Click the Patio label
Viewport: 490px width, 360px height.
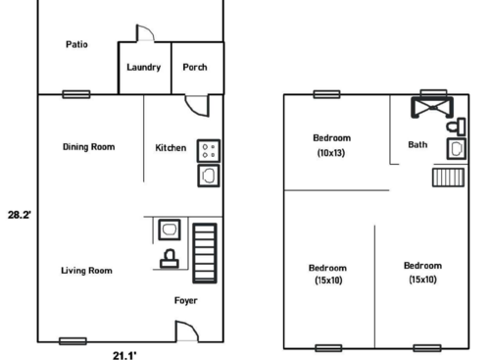click(x=77, y=44)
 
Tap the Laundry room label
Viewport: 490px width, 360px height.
click(x=144, y=68)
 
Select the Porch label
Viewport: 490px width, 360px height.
click(x=195, y=68)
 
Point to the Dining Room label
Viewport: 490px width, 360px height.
click(x=88, y=147)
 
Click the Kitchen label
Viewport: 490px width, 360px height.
click(x=171, y=148)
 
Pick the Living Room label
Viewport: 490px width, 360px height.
click(x=86, y=271)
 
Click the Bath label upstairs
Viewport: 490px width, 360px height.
click(x=417, y=145)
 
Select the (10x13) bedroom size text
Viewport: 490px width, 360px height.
click(x=331, y=153)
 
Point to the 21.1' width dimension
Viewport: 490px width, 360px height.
click(x=123, y=355)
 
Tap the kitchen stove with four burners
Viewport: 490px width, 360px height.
click(x=209, y=149)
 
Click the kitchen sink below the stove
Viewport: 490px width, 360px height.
click(x=209, y=175)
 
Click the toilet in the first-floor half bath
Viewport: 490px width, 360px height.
click(x=169, y=259)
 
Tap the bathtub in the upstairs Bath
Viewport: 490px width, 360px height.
click(x=431, y=109)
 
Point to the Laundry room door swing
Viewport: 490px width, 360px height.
click(x=144, y=34)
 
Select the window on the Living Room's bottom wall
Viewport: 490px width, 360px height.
click(x=72, y=341)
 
